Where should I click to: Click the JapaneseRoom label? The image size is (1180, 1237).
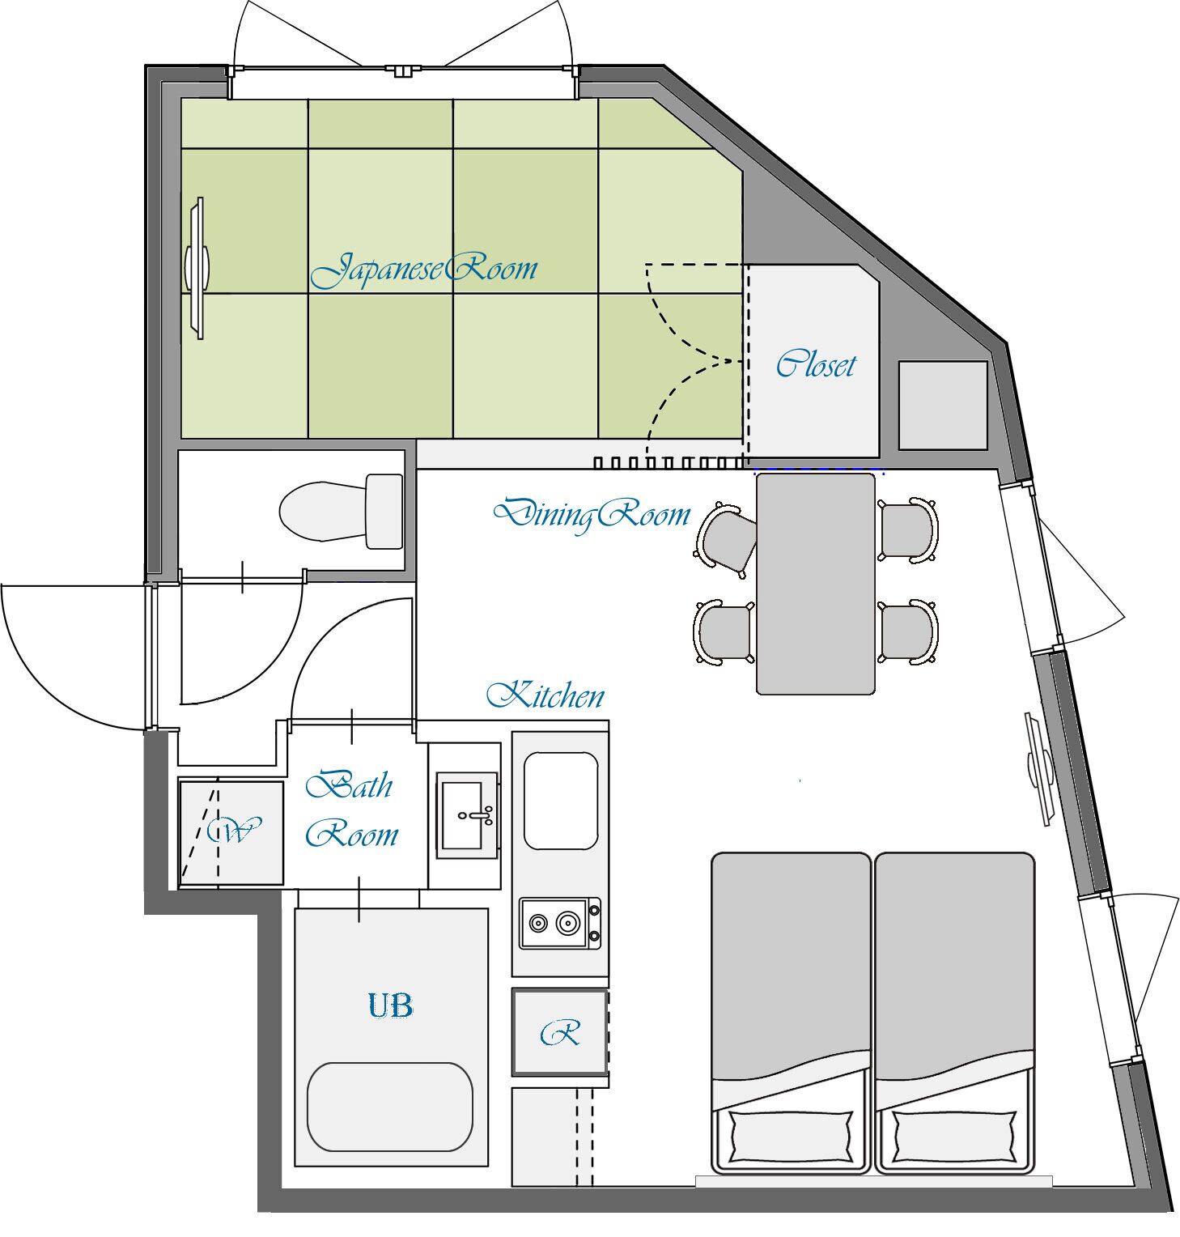click(x=423, y=270)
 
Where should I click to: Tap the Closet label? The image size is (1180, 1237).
click(x=815, y=364)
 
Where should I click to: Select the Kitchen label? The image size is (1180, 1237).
click(x=545, y=695)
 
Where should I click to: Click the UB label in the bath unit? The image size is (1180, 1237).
click(x=391, y=1006)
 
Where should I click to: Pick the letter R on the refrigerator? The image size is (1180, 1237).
click(x=560, y=1033)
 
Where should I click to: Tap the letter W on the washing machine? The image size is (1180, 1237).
click(x=231, y=831)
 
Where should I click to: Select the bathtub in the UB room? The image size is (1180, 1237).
click(x=389, y=1106)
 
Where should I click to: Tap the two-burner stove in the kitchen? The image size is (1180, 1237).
click(x=560, y=923)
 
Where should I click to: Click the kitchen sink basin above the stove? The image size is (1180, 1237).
click(x=561, y=800)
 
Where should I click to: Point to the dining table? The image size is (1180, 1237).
click(x=816, y=584)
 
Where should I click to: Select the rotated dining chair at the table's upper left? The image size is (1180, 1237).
click(x=725, y=538)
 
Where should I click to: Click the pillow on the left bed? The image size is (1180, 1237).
click(x=790, y=1135)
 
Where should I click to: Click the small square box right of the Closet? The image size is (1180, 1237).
click(x=943, y=406)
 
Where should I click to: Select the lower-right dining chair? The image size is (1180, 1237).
click(x=909, y=632)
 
